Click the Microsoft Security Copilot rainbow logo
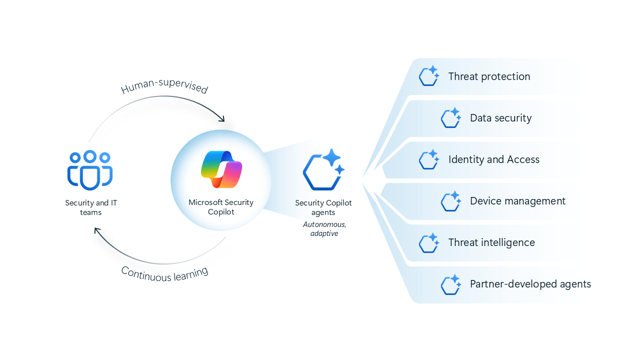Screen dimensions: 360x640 221,169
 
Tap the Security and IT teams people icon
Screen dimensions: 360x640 90,170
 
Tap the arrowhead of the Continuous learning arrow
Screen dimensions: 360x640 97,231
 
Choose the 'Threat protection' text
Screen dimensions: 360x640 489,76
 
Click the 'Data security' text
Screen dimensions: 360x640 500,118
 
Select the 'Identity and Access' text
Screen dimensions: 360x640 494,159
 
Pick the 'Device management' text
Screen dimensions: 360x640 517,201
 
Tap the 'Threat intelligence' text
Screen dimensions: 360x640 491,242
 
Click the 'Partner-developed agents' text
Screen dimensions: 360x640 530,284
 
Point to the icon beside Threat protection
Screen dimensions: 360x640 429,76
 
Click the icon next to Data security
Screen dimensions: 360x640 450,118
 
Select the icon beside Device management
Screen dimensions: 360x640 450,201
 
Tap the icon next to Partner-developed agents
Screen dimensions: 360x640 450,284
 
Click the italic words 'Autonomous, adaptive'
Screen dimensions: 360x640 323,229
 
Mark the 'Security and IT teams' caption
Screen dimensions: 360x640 91,207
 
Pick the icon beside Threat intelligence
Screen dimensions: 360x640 429,242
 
